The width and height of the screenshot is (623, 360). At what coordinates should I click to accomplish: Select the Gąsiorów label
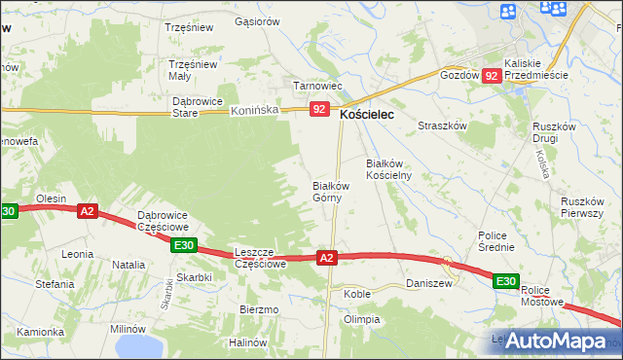(x=257, y=20)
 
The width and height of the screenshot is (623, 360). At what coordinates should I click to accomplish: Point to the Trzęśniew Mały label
(x=192, y=70)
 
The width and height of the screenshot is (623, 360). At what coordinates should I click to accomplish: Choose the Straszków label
(x=443, y=126)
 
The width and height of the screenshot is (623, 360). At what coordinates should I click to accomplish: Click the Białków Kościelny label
(x=389, y=169)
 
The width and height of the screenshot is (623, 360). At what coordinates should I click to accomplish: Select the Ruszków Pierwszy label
(x=584, y=207)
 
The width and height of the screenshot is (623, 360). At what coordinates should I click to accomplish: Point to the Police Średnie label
(x=502, y=241)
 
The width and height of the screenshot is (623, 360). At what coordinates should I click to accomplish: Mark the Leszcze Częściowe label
(x=260, y=257)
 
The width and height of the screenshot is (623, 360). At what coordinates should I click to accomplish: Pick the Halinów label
(x=247, y=342)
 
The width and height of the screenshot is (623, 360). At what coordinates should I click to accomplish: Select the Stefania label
(x=55, y=284)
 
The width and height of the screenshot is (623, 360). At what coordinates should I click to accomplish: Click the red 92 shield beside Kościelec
(x=319, y=110)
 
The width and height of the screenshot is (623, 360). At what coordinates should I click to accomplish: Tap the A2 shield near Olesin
(x=88, y=210)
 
